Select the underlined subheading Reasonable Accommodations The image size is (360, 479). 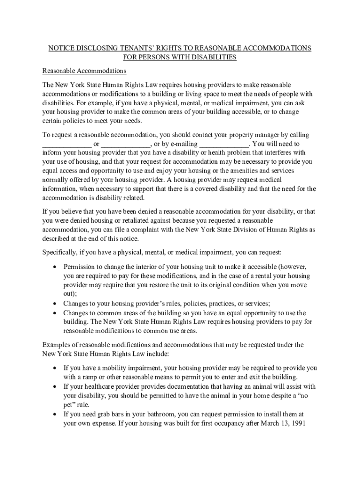(x=85, y=71)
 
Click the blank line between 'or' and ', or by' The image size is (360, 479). (x=125, y=145)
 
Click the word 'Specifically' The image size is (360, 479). (x=59, y=253)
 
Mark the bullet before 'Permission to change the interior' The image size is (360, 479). (x=55, y=267)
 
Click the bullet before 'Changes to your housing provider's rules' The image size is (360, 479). (x=55, y=303)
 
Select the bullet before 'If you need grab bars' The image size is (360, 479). (x=55, y=414)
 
